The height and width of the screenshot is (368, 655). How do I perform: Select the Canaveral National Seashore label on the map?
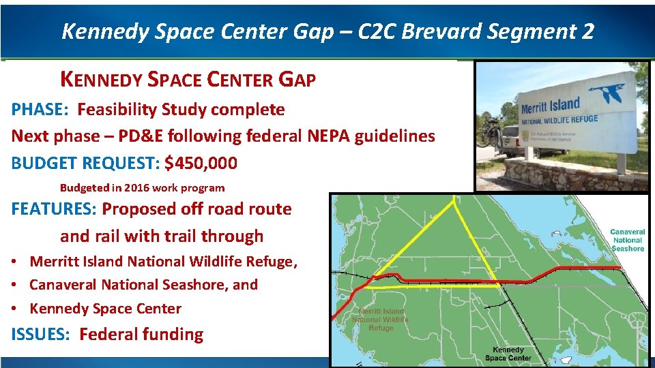[x=627, y=240]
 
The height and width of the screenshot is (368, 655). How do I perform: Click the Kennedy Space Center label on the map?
[x=508, y=354]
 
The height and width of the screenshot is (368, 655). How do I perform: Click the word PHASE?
[x=40, y=110]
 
